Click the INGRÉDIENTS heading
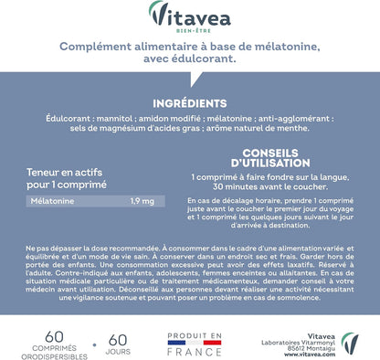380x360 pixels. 189,102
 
